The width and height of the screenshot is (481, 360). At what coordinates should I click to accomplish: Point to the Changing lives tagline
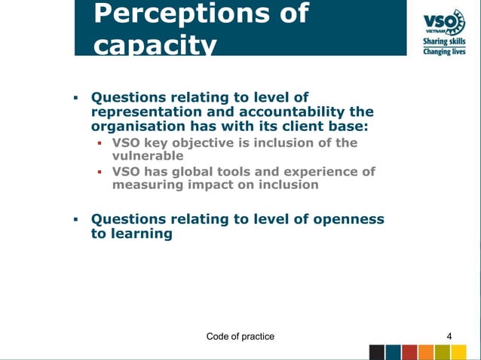[443, 53]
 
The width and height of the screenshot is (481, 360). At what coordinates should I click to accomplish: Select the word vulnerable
[148, 156]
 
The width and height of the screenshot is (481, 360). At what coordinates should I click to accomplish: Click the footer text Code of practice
[240, 335]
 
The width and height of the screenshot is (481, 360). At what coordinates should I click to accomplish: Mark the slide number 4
[449, 335]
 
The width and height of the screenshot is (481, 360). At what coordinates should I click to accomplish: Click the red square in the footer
[410, 352]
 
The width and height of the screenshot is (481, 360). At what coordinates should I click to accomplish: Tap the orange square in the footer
[426, 352]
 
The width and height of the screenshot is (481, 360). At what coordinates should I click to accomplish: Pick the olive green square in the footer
[443, 352]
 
